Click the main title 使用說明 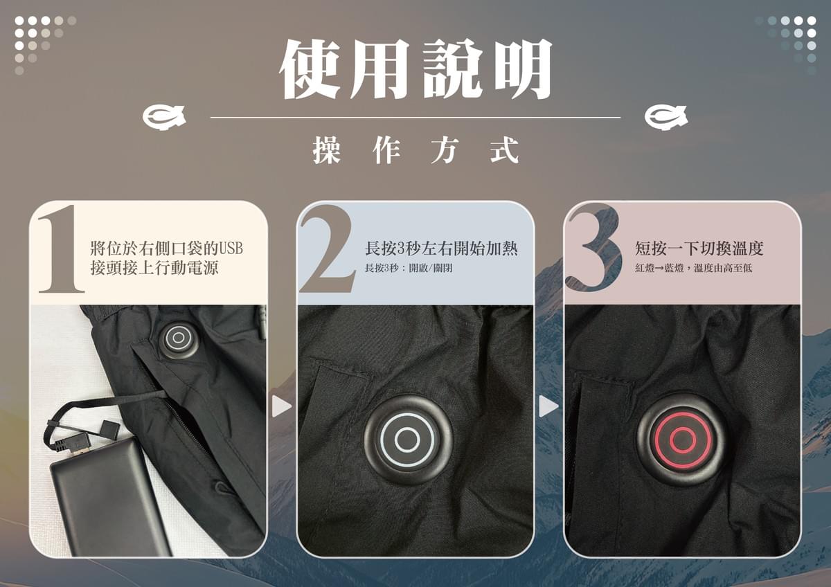tap(415, 69)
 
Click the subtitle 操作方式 tap(415, 150)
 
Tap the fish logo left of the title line tap(164, 118)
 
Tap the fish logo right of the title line tap(665, 118)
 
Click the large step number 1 tap(61, 249)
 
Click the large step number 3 tap(593, 249)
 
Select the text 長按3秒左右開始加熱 tap(441, 249)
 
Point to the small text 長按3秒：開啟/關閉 tap(409, 268)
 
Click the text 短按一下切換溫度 tap(699, 249)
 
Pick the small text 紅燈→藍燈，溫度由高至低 tap(693, 268)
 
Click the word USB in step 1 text tap(231, 249)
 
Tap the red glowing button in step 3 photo tap(681, 439)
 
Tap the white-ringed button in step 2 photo tap(408, 439)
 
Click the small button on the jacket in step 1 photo tap(179, 338)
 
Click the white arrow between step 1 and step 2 tap(280, 406)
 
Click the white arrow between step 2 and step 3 tap(547, 406)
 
